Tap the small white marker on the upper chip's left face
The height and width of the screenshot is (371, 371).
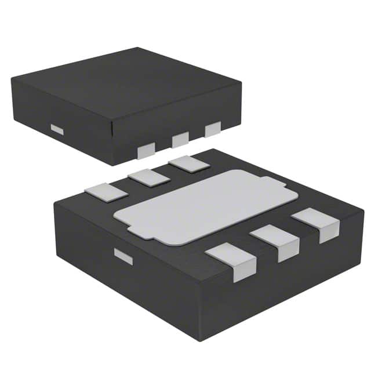coord(56,129)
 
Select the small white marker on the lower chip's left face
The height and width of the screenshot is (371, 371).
coord(123,256)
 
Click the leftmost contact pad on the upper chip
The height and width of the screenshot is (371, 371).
coord(146,151)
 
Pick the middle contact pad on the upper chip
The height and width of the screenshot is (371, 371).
coord(180,139)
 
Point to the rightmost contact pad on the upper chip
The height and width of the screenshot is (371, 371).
coord(213,129)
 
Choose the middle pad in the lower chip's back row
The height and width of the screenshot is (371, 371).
coord(148,177)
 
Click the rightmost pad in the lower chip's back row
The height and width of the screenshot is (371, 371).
coord(189,163)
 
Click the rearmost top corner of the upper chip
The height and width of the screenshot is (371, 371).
coord(138,48)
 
